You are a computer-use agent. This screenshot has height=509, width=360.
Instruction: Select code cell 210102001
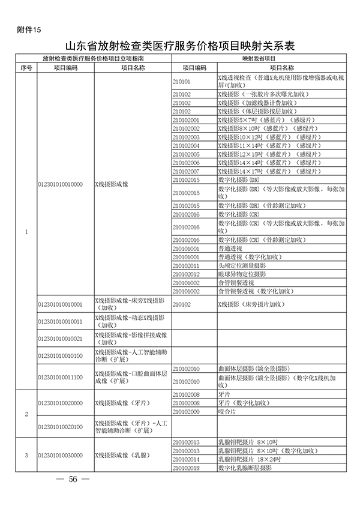(185, 120)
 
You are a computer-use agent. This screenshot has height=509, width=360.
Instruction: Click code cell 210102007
(185, 171)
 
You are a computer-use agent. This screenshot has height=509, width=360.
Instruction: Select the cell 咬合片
(226, 412)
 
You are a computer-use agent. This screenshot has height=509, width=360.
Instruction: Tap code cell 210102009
(185, 412)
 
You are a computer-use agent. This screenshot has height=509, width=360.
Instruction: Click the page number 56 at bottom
(74, 480)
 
